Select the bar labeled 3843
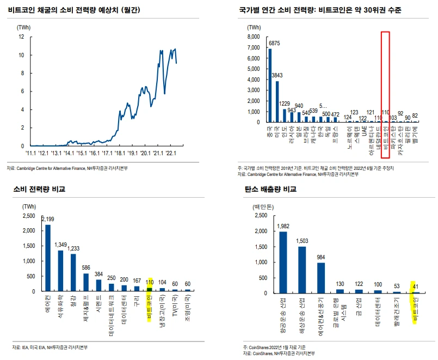point(277,101)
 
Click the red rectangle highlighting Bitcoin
point(385,76)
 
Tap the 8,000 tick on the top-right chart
point(255,37)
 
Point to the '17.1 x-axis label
point(108,153)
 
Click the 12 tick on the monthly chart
point(21,37)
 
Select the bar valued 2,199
point(48,258)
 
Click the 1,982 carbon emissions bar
point(283,262)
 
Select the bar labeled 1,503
point(302,270)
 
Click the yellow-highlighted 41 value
point(416,287)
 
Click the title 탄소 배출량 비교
point(270,190)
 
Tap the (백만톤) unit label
point(264,208)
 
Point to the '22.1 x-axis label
point(172,153)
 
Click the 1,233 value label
point(73,248)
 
